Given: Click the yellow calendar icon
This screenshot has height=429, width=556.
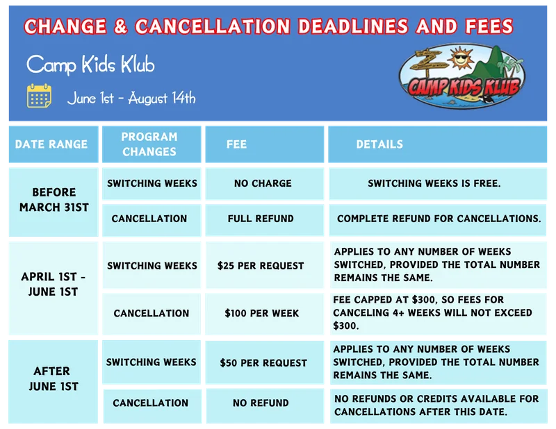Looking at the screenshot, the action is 39,96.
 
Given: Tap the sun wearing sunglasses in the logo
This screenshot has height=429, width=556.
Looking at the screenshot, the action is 460,58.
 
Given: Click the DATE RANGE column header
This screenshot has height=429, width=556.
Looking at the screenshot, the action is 51,144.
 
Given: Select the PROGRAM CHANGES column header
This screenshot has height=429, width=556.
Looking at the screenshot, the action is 149,144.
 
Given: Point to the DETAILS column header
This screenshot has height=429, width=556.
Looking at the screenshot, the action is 379,144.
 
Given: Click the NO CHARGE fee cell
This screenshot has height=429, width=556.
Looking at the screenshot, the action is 263,183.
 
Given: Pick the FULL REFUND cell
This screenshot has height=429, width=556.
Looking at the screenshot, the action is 261,219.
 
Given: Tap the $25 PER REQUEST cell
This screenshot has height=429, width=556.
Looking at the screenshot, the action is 261,266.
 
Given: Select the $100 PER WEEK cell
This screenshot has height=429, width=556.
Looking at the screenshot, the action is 262,313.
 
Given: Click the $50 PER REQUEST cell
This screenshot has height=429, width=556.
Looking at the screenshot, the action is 263,363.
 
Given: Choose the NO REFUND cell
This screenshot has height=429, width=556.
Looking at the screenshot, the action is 261,403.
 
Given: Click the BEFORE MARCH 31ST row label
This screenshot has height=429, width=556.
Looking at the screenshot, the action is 54,200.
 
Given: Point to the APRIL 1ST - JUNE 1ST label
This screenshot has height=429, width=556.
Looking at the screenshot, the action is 54,284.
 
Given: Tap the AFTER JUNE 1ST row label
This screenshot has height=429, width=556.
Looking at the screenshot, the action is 54,379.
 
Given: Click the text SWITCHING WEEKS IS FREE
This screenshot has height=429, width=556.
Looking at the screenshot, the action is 434,183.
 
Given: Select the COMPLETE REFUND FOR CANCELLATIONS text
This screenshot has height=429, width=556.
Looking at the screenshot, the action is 439,219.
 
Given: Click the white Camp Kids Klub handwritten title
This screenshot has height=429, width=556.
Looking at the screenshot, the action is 90,65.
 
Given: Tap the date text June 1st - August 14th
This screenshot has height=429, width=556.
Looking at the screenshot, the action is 131,98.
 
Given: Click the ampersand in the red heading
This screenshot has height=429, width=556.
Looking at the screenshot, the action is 120,26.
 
